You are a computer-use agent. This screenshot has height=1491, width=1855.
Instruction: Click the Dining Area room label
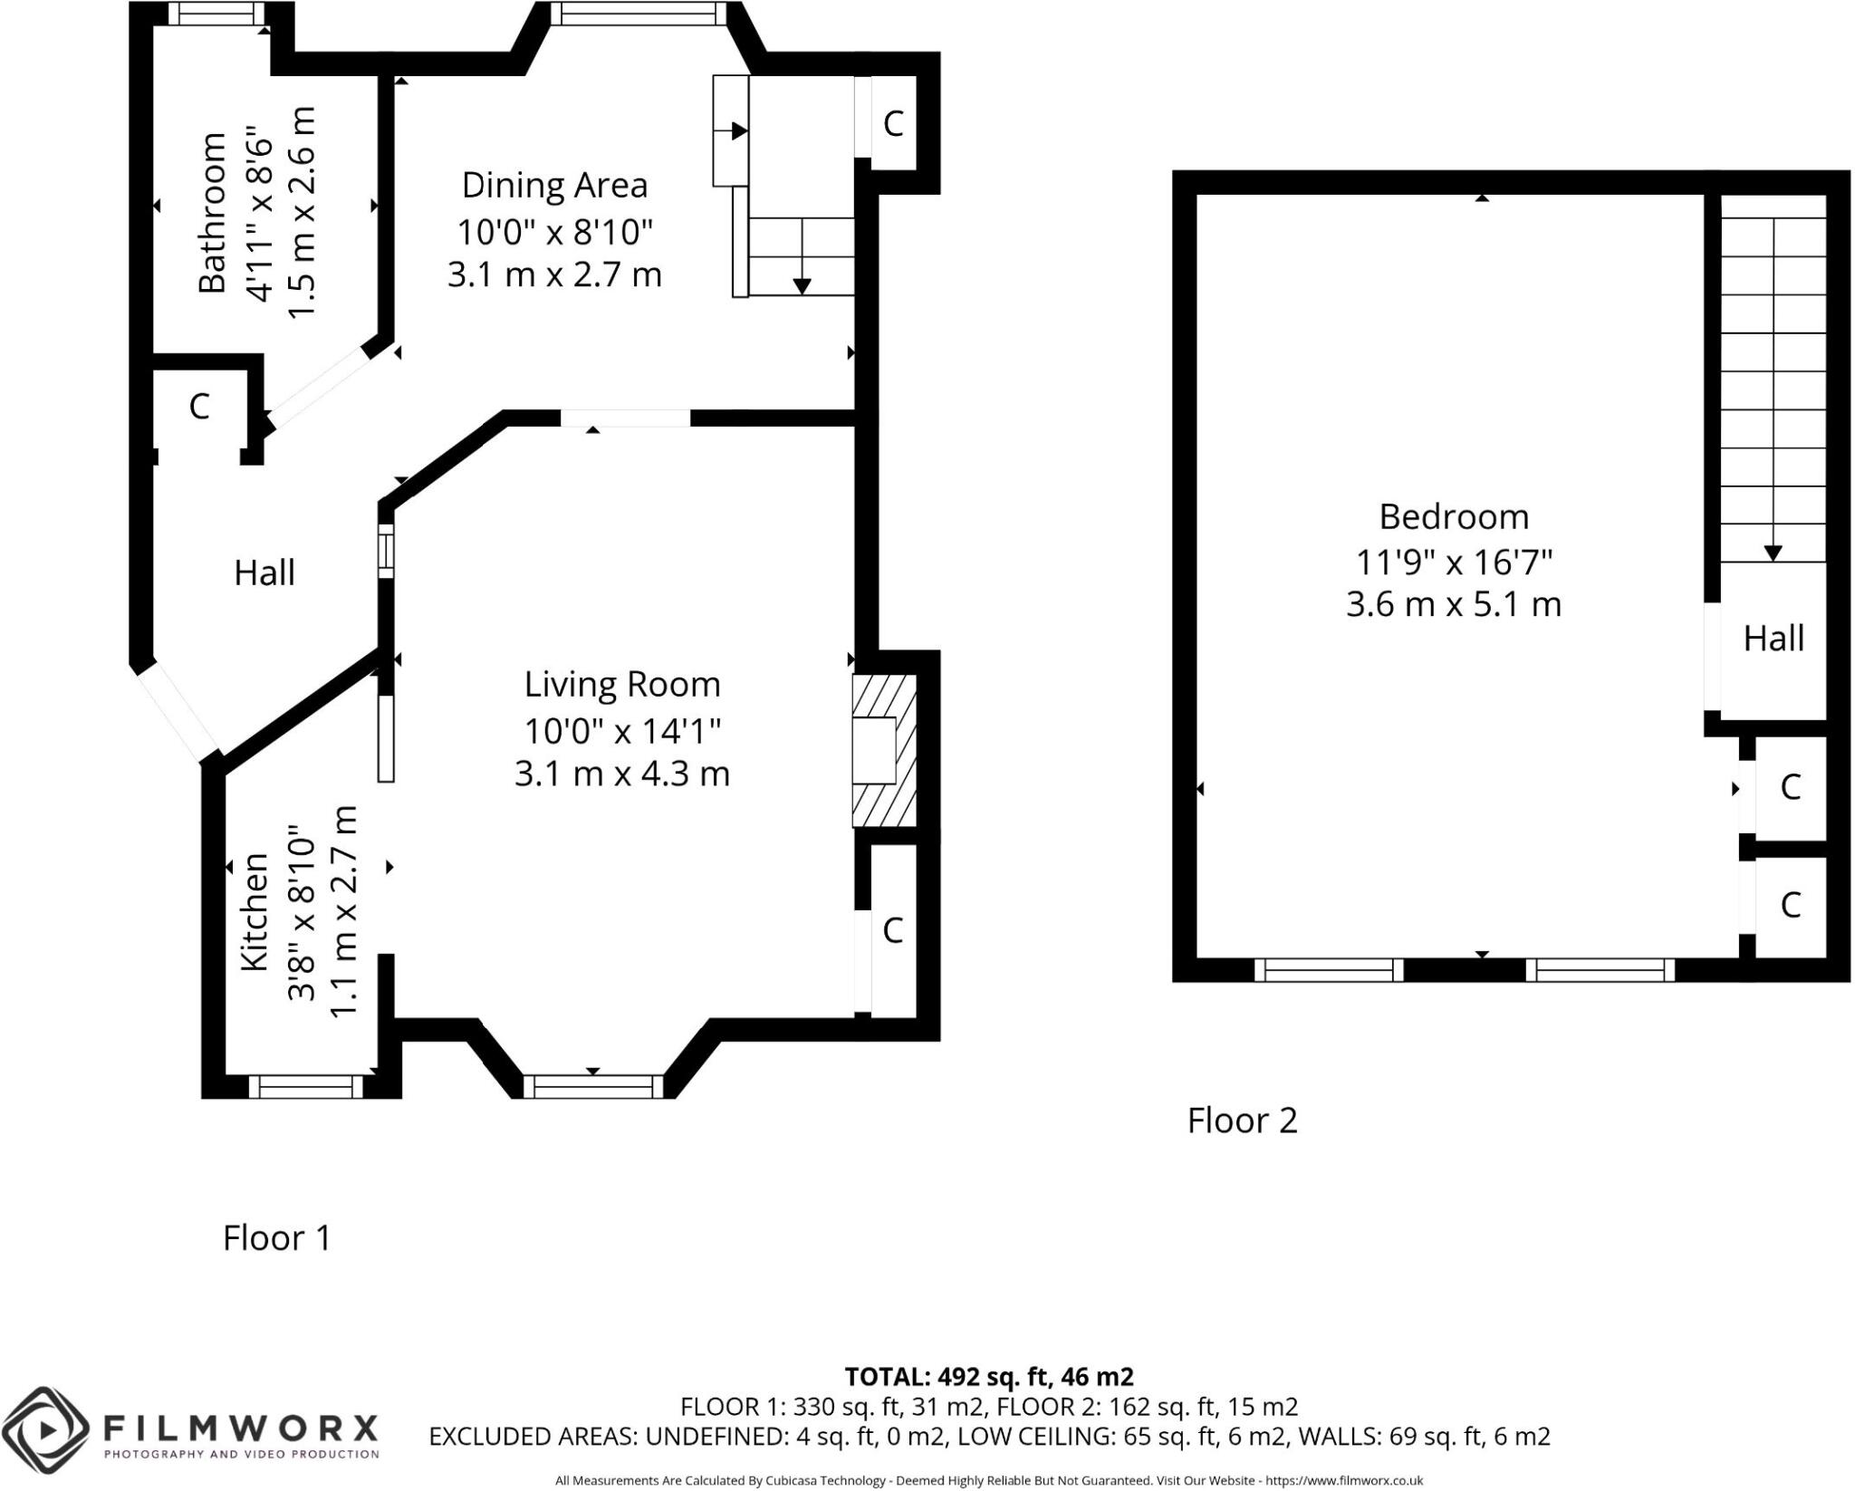554,185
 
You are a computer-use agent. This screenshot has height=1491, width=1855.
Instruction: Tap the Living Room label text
622,684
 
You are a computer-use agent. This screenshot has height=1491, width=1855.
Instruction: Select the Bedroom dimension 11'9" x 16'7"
1454,563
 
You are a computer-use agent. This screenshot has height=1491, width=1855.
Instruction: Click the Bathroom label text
213,213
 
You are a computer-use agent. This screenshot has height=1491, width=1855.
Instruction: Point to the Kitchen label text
255,912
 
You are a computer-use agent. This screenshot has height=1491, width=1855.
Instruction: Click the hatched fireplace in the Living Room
883,750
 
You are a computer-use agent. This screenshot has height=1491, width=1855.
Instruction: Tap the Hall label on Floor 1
264,572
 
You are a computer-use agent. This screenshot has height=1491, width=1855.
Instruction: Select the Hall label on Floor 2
1773,639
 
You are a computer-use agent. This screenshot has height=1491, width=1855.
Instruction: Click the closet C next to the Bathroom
199,406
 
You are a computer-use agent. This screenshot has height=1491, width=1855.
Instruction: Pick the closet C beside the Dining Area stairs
893,123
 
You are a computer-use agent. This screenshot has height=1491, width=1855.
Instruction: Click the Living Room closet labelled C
892,929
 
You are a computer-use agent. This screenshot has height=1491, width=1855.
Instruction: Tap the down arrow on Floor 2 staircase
1773,552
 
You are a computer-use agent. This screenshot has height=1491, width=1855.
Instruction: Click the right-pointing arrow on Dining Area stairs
739,131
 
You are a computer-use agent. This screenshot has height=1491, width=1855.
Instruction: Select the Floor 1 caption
277,1237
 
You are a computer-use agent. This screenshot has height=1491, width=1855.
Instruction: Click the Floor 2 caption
1242,1121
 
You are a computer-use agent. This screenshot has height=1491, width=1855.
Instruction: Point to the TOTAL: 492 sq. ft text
988,1377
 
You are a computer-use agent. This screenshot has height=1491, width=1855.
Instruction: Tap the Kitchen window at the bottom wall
305,1086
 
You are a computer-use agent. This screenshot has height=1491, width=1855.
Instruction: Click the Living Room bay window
593,1086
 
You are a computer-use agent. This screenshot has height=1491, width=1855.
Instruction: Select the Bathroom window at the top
216,14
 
